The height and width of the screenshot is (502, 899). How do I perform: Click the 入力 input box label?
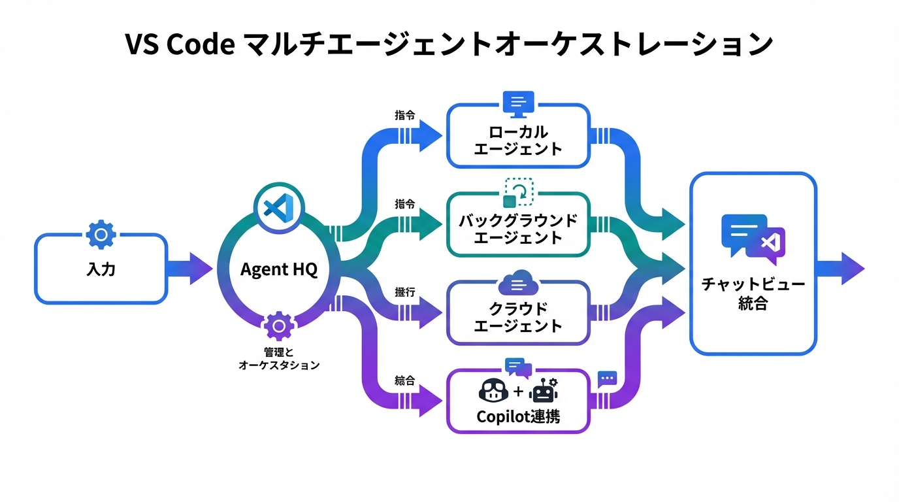point(101,269)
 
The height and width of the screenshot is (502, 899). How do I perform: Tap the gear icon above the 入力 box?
point(101,235)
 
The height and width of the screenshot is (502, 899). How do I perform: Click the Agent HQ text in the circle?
point(279,269)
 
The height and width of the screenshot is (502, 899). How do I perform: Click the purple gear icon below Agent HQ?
point(279,325)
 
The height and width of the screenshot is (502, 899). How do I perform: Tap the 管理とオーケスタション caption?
point(279,359)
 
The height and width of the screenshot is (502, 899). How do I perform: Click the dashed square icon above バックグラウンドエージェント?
point(519,192)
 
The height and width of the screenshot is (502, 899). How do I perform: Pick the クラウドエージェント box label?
point(517,316)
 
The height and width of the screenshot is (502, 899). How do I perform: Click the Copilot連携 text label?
point(517,416)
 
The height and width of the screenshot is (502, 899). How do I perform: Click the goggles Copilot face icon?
point(494,392)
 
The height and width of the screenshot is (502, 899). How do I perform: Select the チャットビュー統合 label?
point(753,294)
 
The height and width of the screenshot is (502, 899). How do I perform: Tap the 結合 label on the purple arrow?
point(405,380)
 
